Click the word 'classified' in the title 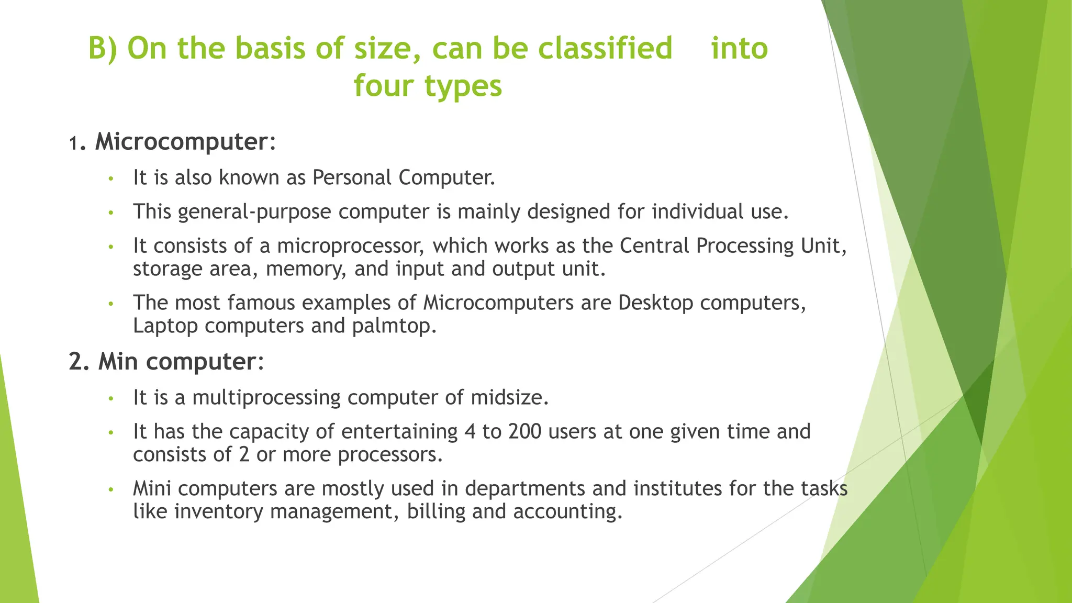point(605,49)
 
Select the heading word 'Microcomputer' point(181,142)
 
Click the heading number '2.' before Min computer point(79,362)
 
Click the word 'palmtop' point(393,326)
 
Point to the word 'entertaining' point(399,432)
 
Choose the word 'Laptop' point(165,326)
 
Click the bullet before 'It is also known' point(110,179)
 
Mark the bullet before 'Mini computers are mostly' point(110,490)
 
